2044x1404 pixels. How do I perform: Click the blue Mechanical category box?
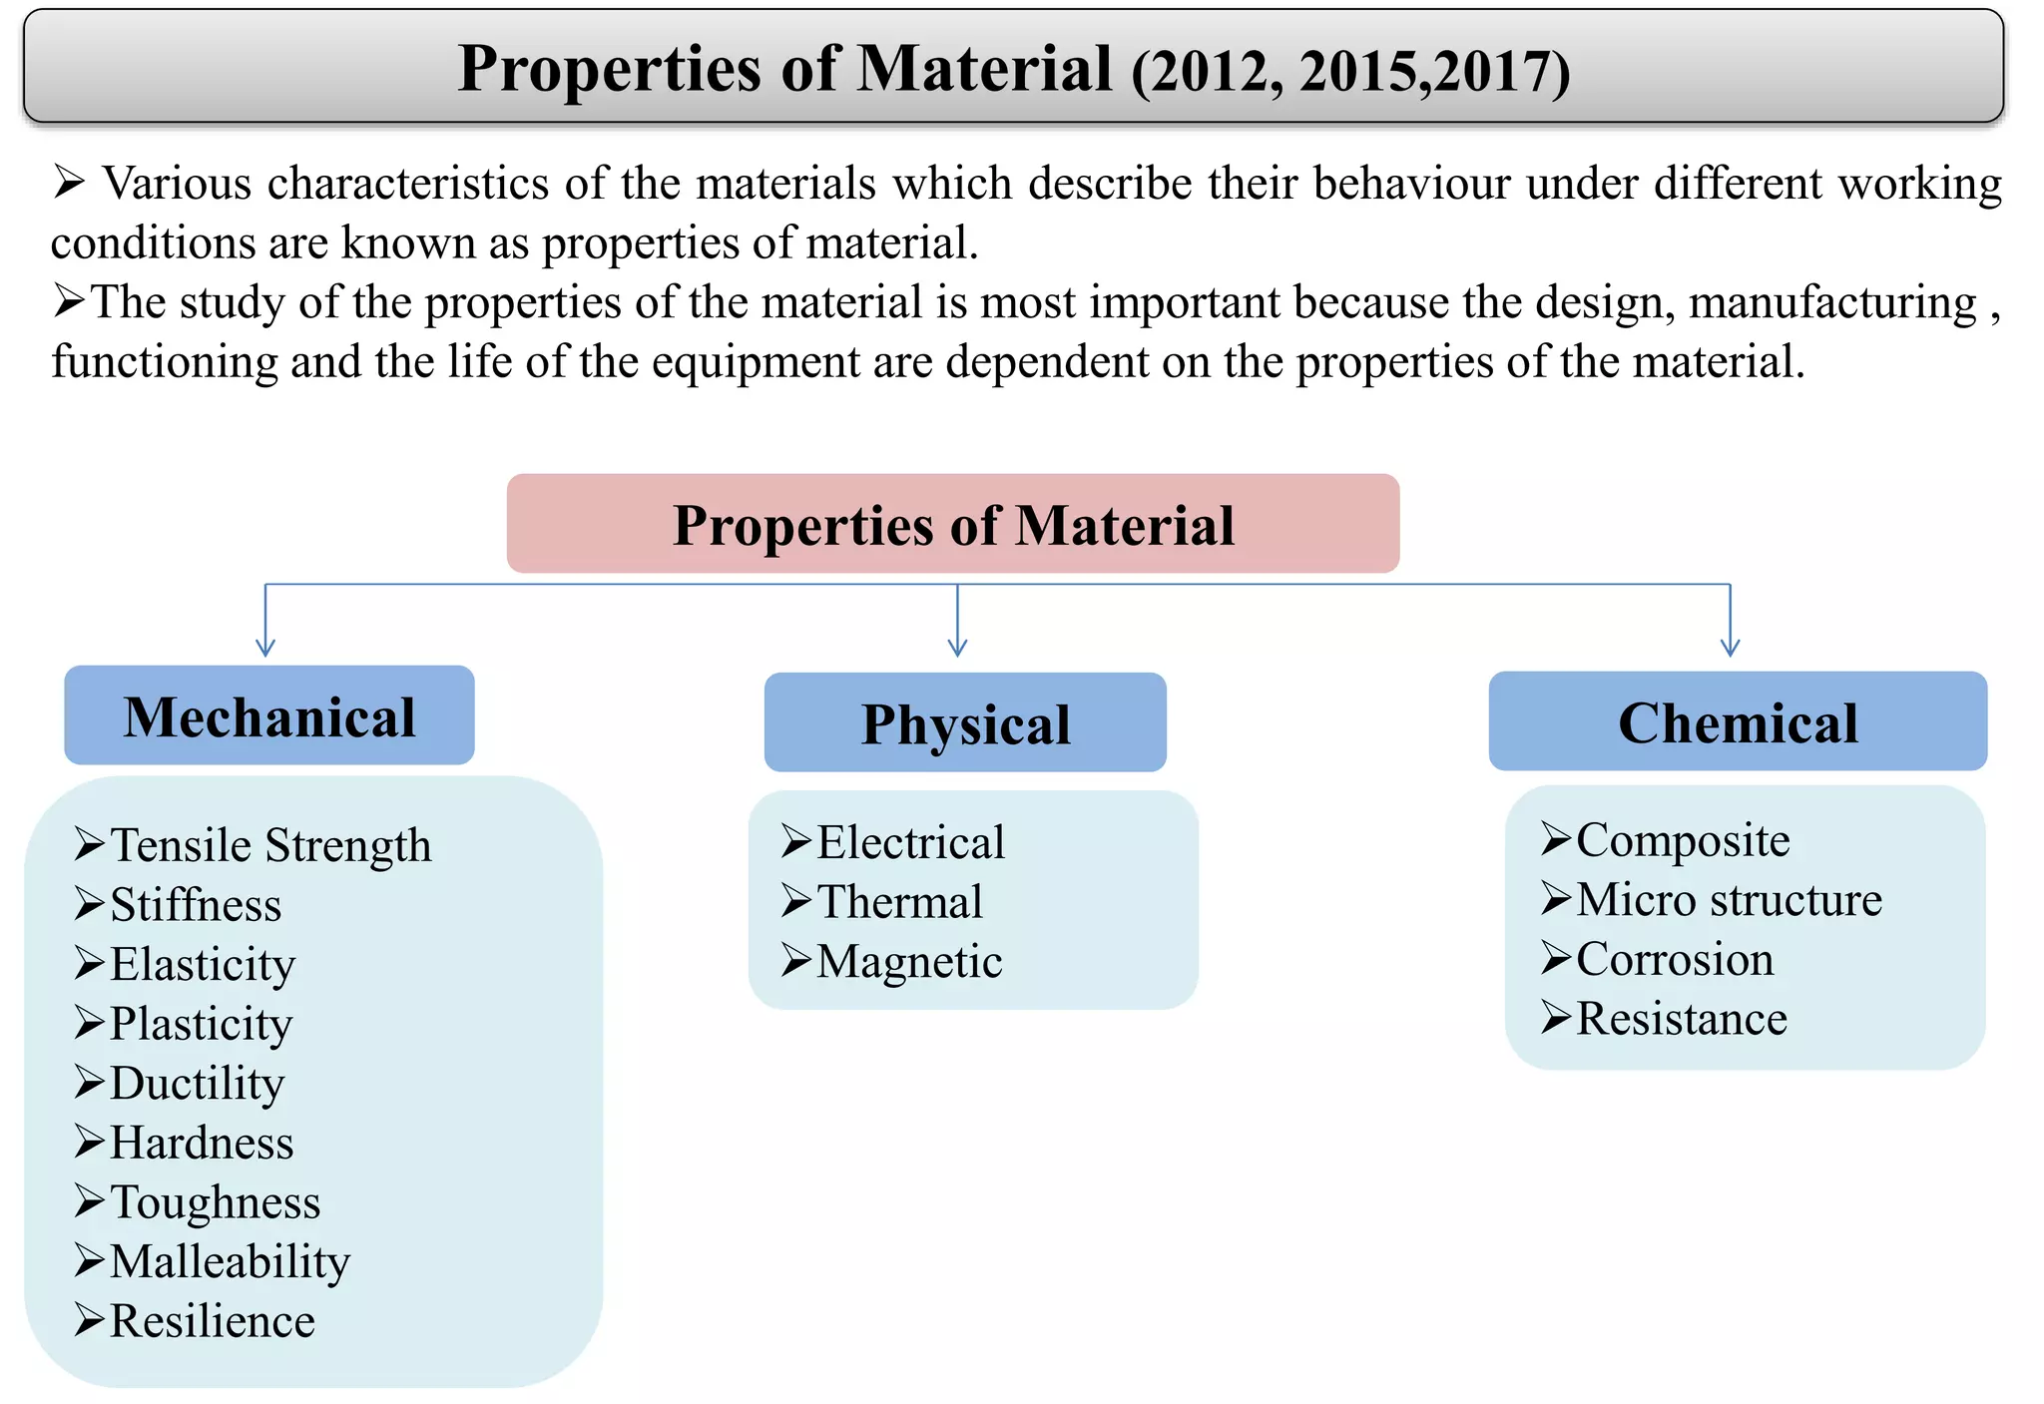click(x=268, y=715)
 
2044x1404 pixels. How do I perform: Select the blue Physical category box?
click(x=964, y=722)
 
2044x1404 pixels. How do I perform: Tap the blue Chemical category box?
click(x=1737, y=721)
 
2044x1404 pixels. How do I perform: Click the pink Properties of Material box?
click(x=952, y=524)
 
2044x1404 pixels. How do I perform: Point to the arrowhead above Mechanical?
click(x=265, y=648)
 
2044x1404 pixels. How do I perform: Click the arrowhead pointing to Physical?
click(x=957, y=648)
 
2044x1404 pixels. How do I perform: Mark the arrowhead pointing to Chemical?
click(x=1730, y=648)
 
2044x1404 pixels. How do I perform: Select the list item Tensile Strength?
click(x=269, y=845)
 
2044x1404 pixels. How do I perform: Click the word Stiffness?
click(x=196, y=905)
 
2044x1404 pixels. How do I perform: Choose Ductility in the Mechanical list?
click(x=197, y=1084)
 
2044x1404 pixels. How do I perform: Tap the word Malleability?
click(x=230, y=1262)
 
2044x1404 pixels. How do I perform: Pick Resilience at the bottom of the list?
click(x=212, y=1321)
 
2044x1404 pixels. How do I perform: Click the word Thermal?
click(x=899, y=902)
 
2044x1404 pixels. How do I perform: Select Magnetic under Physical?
click(x=909, y=962)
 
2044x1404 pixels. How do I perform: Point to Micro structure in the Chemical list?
click(x=1729, y=900)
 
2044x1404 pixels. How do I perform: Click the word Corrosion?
click(x=1675, y=960)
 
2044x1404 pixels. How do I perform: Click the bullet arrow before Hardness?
click(x=89, y=1142)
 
